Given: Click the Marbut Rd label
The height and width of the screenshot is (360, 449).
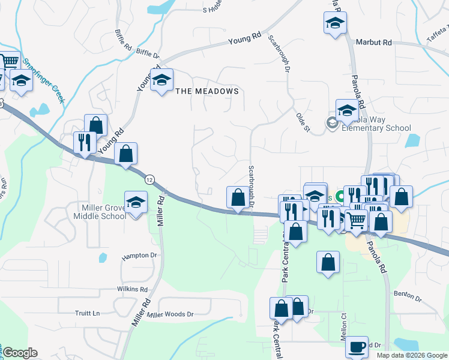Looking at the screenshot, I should click(373, 43).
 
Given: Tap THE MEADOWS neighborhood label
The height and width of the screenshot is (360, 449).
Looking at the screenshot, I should click(207, 91).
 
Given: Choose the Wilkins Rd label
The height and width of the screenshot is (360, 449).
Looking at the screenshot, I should click(132, 289).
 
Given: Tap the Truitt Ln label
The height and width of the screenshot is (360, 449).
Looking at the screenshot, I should click(88, 313).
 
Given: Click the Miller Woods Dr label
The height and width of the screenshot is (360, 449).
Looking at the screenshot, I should click(171, 314).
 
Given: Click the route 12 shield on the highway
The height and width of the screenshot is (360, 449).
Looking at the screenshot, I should click(149, 179).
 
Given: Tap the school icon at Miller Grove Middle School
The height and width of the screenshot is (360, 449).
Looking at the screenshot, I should click(136, 203).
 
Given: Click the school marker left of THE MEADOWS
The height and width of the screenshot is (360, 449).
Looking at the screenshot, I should click(161, 81).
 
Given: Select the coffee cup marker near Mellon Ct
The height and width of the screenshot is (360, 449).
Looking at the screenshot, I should click(357, 347).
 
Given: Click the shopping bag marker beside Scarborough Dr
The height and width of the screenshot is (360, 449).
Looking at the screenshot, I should click(238, 197).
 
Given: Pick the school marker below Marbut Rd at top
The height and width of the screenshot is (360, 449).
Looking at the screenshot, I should click(335, 24).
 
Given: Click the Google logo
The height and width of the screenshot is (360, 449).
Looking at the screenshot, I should click(20, 353).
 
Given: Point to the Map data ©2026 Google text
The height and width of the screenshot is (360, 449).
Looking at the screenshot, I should click(411, 355).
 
